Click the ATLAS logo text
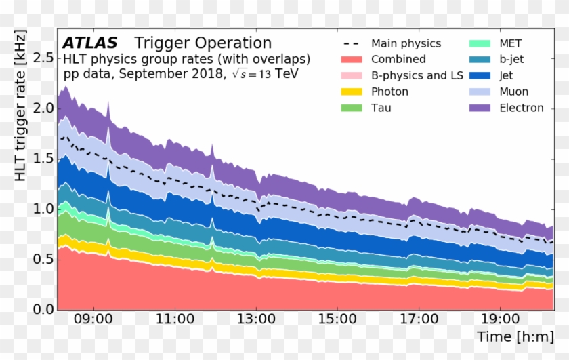click(x=89, y=43)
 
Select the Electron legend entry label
click(x=522, y=108)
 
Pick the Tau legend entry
click(x=381, y=108)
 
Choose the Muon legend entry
click(x=513, y=92)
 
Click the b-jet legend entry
click(x=511, y=60)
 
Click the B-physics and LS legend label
click(x=417, y=75)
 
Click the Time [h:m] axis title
click(x=515, y=337)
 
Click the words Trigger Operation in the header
click(x=203, y=43)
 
